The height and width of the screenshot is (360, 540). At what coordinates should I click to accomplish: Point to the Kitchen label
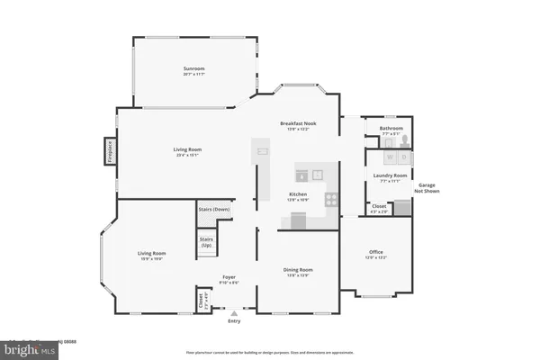(x=298, y=194)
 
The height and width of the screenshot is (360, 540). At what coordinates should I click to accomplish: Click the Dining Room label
(x=298, y=269)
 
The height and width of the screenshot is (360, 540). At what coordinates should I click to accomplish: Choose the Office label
(x=377, y=252)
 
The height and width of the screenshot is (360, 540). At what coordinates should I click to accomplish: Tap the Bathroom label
(x=391, y=129)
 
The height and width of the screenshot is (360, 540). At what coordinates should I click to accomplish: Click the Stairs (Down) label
(x=214, y=210)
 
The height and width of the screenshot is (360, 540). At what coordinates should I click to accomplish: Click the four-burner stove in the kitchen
(x=331, y=201)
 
